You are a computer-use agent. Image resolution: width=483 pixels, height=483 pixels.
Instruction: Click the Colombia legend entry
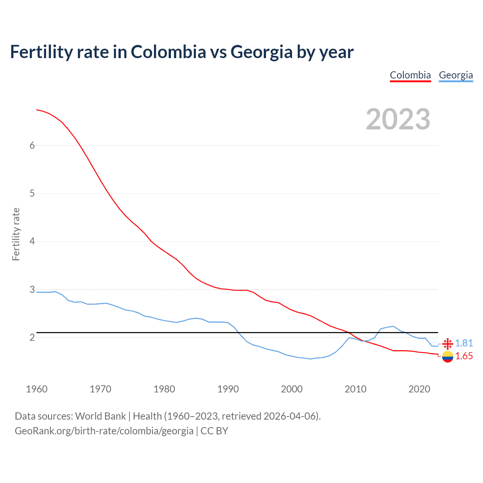click(x=410, y=75)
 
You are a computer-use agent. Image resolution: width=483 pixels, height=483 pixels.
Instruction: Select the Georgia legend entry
click(x=456, y=75)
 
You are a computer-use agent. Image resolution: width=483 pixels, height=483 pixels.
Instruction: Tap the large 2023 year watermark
click(x=398, y=119)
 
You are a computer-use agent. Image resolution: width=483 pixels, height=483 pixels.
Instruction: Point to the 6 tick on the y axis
click(x=32, y=146)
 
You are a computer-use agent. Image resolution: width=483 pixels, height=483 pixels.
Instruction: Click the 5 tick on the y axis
click(x=32, y=194)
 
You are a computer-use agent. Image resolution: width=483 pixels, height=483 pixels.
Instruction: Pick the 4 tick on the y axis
click(x=32, y=241)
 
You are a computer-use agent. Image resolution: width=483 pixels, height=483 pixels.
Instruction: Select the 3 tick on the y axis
click(x=32, y=289)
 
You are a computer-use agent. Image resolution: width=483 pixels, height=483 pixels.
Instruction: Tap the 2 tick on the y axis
click(x=32, y=337)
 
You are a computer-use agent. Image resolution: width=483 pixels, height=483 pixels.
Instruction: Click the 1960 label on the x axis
click(x=37, y=389)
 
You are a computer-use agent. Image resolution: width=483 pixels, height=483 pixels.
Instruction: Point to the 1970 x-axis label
click(x=100, y=389)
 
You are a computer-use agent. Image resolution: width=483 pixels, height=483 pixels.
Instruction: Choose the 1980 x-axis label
click(x=164, y=389)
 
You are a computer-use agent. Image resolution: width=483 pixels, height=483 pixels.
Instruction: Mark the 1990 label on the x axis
click(x=228, y=389)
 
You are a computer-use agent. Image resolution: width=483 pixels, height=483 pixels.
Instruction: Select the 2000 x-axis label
click(x=292, y=389)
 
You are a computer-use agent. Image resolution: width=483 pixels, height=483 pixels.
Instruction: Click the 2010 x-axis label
click(x=355, y=389)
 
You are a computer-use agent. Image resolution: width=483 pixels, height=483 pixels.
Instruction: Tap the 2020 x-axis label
click(x=419, y=389)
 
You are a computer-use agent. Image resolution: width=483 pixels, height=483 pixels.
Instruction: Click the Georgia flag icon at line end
click(x=448, y=343)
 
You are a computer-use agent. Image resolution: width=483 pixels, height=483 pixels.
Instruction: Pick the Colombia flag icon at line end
click(x=448, y=356)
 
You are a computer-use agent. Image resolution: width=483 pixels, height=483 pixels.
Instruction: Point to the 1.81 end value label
click(x=464, y=343)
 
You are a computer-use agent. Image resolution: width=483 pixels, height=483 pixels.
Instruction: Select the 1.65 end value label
click(x=464, y=356)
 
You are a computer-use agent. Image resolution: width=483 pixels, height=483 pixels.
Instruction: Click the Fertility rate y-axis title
click(x=16, y=234)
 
